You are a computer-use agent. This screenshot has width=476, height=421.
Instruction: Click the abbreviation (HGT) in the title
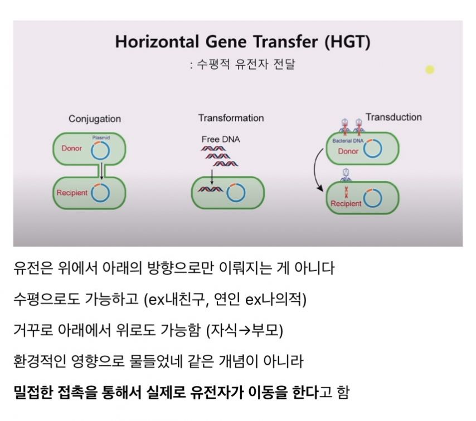348,42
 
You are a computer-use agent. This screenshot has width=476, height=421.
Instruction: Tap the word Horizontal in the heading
157,42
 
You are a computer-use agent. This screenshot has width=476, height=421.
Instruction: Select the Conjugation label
95,119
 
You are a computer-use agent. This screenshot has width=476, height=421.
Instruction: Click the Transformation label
231,118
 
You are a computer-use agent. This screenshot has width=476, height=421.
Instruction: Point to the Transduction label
394,117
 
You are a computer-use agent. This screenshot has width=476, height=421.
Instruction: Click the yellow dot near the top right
430,70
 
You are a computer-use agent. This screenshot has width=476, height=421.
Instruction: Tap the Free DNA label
221,139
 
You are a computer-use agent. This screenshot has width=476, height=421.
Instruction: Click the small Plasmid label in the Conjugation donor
101,138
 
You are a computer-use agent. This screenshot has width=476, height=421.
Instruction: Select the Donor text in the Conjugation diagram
72,148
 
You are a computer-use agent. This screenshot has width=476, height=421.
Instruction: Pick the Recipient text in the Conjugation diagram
72,193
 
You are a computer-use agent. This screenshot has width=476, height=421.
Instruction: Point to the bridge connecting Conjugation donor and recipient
101,172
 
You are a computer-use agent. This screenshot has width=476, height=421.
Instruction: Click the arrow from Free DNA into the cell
212,177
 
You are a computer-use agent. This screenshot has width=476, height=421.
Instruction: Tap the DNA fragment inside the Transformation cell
210,189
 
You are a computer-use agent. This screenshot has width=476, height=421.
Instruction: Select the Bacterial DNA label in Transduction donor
348,141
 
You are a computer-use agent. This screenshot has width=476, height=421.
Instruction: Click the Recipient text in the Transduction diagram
346,203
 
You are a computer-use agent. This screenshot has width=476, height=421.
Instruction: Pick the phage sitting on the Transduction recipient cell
346,175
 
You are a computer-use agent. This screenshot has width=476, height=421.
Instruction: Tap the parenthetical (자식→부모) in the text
244,330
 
